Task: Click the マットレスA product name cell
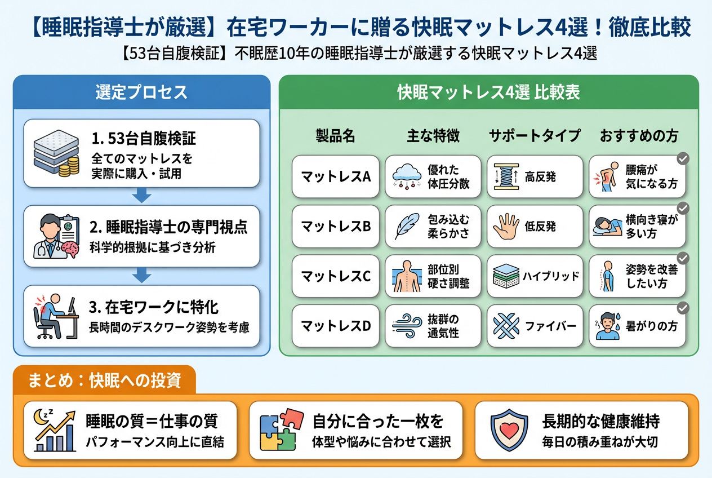[336, 176]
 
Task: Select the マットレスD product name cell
[336, 326]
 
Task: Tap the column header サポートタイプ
[535, 136]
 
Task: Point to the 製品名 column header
[335, 136]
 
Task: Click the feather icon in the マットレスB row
[407, 226]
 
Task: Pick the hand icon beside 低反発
[506, 226]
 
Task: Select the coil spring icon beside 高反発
[506, 176]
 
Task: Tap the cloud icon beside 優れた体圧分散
[407, 176]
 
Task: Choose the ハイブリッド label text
[551, 276]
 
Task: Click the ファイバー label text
[551, 326]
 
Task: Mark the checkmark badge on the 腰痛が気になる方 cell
[683, 158]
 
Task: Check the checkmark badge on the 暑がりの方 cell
[683, 308]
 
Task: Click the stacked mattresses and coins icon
[56, 153]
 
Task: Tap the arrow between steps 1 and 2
[142, 195]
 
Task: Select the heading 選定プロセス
[141, 92]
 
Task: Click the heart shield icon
[509, 430]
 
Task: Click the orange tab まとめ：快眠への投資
[105, 380]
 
